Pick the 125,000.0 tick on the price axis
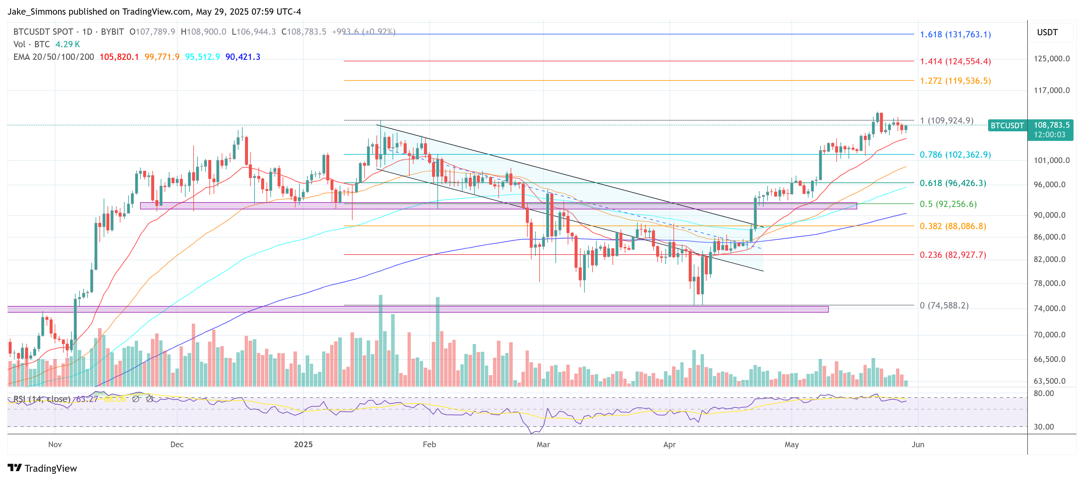1051,59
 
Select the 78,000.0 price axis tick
1051,283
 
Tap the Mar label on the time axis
543,444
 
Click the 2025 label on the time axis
303,444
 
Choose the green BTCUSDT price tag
1007,126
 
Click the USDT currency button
1047,32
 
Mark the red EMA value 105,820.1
119,57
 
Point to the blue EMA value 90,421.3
243,57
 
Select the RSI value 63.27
87,399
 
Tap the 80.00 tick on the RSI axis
1044,393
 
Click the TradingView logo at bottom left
42,468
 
